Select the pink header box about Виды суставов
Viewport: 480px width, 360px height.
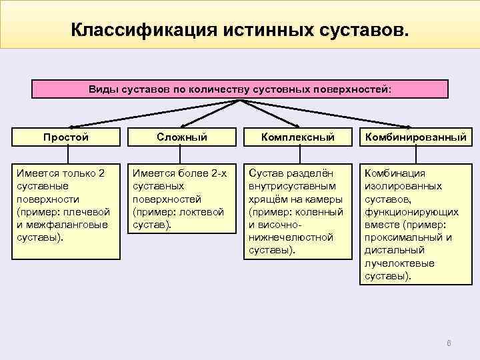pyautogui.click(x=241, y=89)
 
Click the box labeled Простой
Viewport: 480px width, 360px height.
pyautogui.click(x=66, y=138)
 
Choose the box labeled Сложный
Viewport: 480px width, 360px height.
pyautogui.click(x=181, y=138)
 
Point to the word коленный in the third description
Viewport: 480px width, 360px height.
pyautogui.click(x=319, y=211)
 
